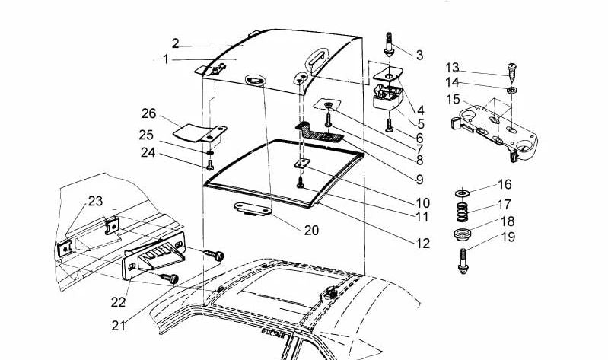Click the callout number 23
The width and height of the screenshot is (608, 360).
pyautogui.click(x=95, y=202)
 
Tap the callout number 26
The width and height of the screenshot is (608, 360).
pyautogui.click(x=149, y=113)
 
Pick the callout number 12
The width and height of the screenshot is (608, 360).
pyautogui.click(x=422, y=244)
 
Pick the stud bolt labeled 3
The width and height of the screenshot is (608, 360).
pyautogui.click(x=389, y=43)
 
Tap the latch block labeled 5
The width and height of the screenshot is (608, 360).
pyautogui.click(x=388, y=99)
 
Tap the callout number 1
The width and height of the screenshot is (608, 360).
pyautogui.click(x=167, y=59)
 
